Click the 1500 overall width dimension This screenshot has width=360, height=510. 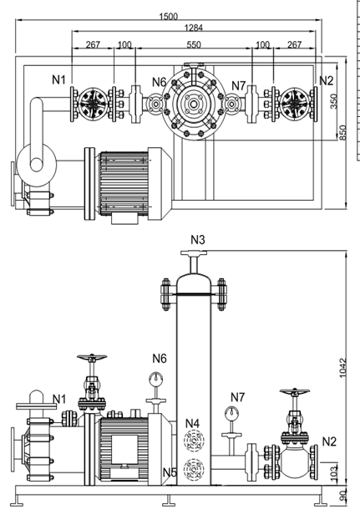coord(168,17)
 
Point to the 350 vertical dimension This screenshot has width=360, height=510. coord(334,99)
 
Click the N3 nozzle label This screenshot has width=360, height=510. coord(198,239)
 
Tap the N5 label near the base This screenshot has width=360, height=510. coord(170,473)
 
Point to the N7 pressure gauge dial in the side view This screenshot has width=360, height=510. coord(231,412)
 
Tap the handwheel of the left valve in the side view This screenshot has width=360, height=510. coord(90,361)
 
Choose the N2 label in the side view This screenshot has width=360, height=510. coord(329,441)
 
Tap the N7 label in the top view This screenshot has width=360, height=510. coord(240,86)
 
